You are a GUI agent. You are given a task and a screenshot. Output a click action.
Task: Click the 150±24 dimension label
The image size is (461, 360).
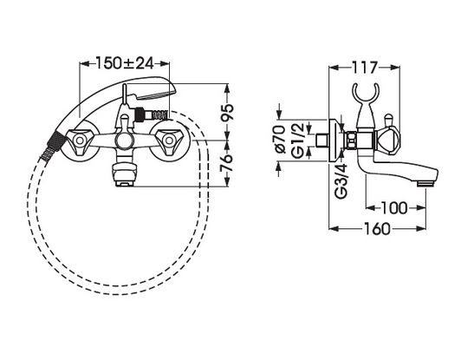pos(125,63)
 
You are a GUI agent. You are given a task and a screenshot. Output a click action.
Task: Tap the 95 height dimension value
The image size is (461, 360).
pos(227,112)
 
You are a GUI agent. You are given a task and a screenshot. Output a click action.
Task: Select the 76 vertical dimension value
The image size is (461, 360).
pos(227,162)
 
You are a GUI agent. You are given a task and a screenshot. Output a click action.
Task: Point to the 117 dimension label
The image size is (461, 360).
pos(364,68)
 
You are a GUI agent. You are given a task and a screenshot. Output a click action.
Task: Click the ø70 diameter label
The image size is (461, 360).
pos(280,140)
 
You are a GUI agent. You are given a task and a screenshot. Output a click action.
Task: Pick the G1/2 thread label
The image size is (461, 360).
pos(297,141)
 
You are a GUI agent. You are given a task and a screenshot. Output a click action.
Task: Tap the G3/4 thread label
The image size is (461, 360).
pos(341,180)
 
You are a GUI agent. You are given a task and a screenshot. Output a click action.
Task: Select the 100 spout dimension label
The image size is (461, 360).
pos(394,208)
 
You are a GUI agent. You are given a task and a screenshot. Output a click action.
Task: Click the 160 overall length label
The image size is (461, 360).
pos(377,228)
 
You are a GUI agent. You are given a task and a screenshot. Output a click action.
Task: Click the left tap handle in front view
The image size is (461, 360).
pos(80,141)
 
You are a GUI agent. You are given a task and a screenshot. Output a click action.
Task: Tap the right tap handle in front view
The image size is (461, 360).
pos(169,141)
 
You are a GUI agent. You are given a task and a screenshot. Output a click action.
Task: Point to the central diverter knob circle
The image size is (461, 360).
pos(125,141)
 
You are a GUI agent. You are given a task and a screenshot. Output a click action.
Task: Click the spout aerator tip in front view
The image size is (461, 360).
pos(125,184)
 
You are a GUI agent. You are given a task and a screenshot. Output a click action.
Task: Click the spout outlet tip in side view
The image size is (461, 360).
pos(425,184)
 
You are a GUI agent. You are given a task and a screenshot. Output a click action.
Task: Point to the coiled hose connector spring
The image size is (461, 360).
pos(159,115)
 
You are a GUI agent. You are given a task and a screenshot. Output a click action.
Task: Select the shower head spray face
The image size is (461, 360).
pos(154,95)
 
